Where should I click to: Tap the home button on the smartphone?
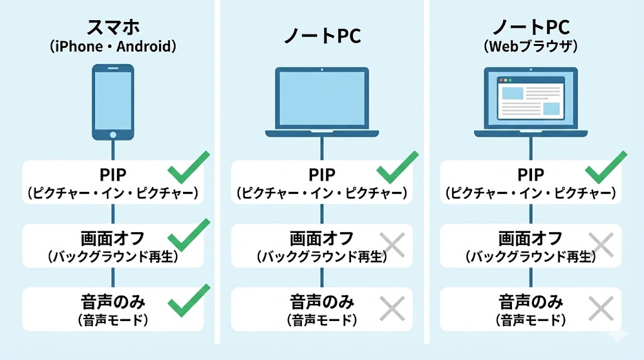(113, 134)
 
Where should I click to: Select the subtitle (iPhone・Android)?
(113, 47)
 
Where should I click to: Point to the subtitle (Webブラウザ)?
(531, 47)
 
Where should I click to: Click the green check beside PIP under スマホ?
(187, 167)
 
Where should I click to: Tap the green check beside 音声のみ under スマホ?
(187, 300)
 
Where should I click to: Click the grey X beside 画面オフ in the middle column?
(393, 244)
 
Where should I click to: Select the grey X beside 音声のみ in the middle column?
(393, 308)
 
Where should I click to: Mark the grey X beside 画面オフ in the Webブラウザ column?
(601, 244)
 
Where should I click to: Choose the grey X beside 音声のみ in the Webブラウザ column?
(601, 308)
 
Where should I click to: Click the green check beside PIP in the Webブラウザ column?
(605, 167)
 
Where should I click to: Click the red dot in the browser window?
(501, 80)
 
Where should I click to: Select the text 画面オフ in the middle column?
(322, 238)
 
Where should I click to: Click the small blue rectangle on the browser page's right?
(551, 108)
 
